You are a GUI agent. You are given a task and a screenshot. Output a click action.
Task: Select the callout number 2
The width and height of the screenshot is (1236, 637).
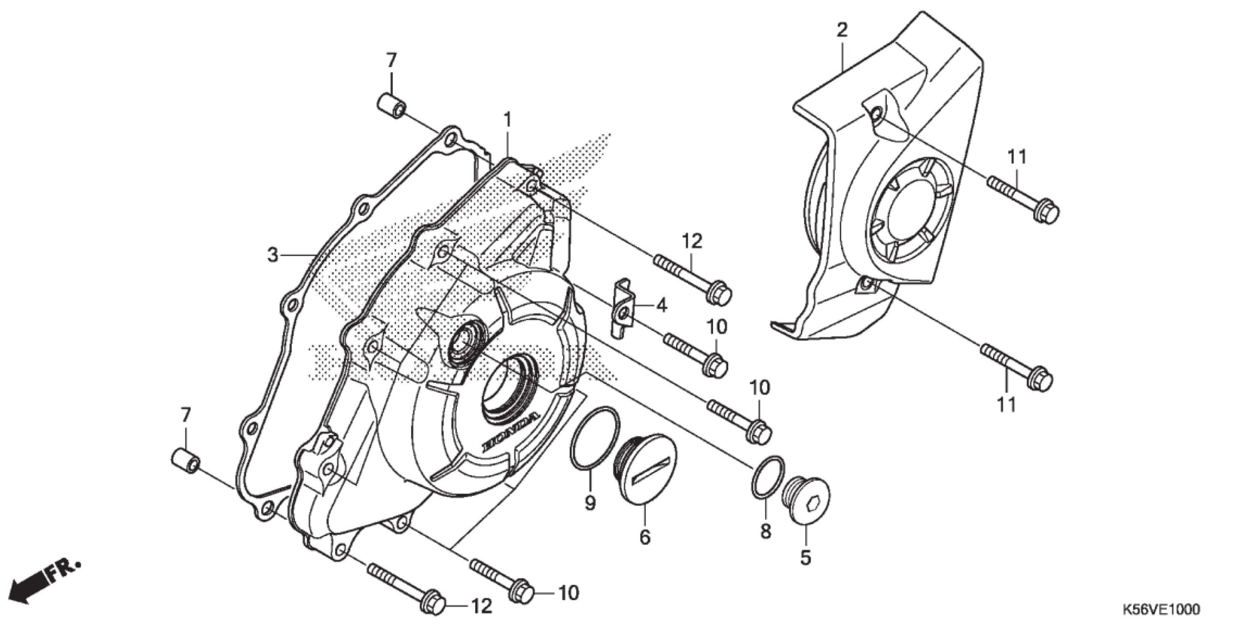(x=842, y=31)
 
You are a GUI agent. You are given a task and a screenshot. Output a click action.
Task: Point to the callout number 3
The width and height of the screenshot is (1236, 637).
(x=273, y=255)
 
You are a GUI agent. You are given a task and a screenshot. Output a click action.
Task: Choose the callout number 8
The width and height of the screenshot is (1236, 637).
(x=765, y=531)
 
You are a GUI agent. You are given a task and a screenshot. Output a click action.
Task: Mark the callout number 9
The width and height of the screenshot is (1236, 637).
(x=590, y=504)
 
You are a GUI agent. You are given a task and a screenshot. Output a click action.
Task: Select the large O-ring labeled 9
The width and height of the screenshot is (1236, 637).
(x=593, y=438)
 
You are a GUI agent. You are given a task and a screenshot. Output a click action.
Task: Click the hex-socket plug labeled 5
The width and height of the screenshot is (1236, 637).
(x=808, y=505)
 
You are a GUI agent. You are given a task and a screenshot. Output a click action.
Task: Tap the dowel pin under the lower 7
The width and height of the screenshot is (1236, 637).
(x=185, y=460)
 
